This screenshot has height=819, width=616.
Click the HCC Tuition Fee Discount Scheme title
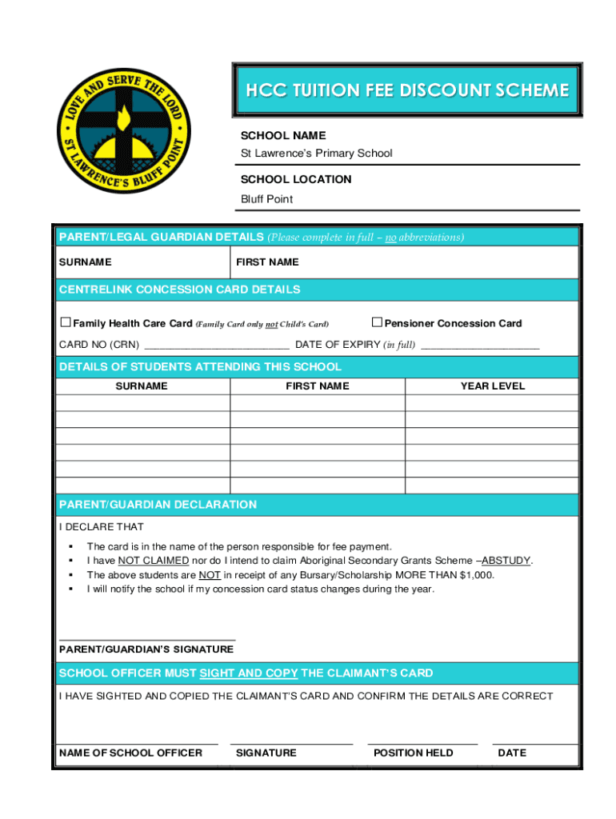click(x=407, y=90)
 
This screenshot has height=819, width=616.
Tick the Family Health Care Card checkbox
click(x=66, y=322)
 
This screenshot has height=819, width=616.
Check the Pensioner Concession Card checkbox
click(x=377, y=322)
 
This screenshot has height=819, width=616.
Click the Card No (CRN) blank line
click(x=216, y=347)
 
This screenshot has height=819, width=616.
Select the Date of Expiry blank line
click(x=479, y=347)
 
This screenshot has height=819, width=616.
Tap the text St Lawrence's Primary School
click(x=317, y=153)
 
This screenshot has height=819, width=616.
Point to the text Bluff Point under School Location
click(x=267, y=199)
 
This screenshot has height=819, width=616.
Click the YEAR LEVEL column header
click(x=492, y=386)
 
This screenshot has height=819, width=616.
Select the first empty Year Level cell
click(x=492, y=403)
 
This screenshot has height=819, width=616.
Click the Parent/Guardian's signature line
click(x=147, y=638)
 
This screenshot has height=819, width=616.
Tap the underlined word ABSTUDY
click(x=506, y=561)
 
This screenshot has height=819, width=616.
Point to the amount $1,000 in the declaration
click(x=476, y=575)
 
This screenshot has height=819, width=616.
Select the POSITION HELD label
click(x=413, y=753)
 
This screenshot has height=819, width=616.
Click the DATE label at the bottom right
click(x=512, y=753)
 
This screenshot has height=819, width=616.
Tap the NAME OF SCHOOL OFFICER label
click(x=130, y=753)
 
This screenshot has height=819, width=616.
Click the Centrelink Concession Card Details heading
click(x=180, y=290)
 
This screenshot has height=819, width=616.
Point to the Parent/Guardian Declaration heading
click(x=158, y=505)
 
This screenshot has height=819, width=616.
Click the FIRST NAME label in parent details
click(x=267, y=262)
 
